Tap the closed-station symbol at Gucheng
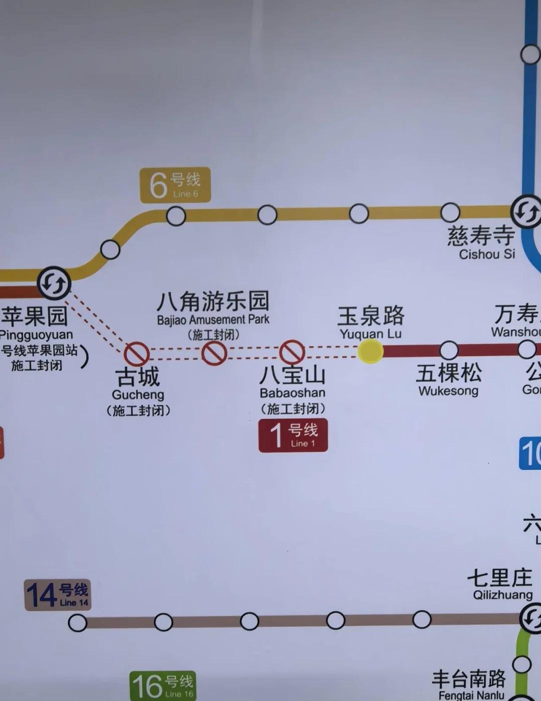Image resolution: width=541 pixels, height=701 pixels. click(136, 354)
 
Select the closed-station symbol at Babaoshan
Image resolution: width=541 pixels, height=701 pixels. click(292, 352)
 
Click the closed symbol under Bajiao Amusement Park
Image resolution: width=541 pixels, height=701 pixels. click(214, 353)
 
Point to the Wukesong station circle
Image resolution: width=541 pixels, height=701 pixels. click(449, 350)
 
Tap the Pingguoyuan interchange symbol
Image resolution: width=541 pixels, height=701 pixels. click(54, 284)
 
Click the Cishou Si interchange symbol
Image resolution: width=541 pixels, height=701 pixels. click(526, 212)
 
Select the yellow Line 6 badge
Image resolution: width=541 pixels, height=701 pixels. click(175, 185)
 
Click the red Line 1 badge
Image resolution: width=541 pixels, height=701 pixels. click(293, 435)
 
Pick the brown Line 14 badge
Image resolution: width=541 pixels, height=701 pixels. click(58, 595)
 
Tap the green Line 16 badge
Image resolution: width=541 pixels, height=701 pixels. click(163, 685)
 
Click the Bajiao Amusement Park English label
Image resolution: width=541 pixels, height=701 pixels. click(213, 320)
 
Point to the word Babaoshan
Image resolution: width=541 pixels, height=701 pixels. click(293, 393)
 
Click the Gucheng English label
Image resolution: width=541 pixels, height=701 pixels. click(138, 395)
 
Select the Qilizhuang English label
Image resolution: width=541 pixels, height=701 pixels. click(502, 595)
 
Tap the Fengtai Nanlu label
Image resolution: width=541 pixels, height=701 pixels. click(471, 695)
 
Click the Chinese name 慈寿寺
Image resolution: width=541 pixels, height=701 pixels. click(481, 235)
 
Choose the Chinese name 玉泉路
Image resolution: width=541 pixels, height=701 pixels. click(371, 316)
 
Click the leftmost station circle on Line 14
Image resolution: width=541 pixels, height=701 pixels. click(78, 623)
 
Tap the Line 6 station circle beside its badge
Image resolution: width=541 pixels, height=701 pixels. click(176, 216)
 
